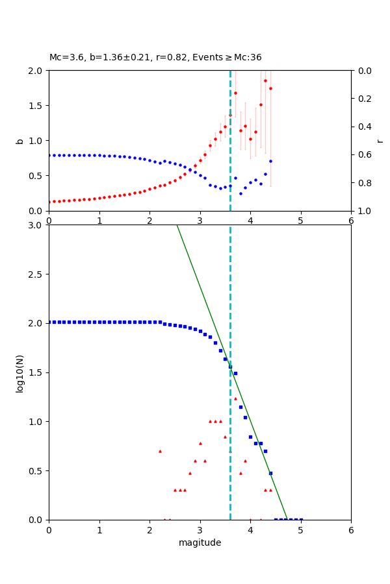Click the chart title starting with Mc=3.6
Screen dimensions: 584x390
coord(155,58)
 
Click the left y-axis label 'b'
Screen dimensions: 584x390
coord(19,141)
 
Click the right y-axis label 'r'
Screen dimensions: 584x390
coord(380,141)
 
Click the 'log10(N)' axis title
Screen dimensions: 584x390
coord(19,372)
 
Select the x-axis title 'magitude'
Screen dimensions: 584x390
coord(200,542)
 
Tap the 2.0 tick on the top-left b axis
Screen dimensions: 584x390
coord(36,71)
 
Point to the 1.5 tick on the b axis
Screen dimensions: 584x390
coord(36,106)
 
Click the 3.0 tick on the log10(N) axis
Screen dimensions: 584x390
coord(36,225)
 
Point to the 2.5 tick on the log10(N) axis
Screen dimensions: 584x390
coord(36,274)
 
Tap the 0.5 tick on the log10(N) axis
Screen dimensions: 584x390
coord(36,471)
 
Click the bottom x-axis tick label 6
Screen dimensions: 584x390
coord(351,529)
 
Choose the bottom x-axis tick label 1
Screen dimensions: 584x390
coord(99,529)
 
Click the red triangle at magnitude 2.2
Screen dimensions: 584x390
coord(160,451)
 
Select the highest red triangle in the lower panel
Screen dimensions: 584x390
coord(235,398)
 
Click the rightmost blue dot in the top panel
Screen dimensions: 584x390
coord(270,161)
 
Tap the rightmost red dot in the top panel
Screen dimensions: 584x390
coord(270,88)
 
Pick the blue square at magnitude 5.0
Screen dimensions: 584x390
coord(301,519)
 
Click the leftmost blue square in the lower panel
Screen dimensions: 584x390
coord(49,322)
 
